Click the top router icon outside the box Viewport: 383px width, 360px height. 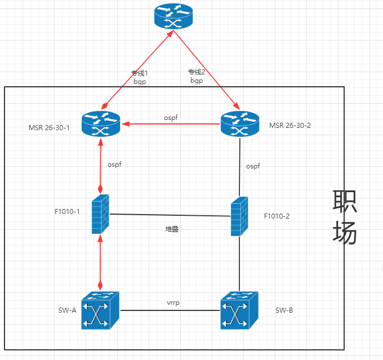coord(173,17)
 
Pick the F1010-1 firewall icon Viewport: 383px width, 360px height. coord(101,214)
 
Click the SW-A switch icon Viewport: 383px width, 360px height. coord(100,310)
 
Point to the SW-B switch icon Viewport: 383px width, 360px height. coord(239,310)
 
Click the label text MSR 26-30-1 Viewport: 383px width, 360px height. coord(49,127)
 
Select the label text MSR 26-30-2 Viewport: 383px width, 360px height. coord(290,125)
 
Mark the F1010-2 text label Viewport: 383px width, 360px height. coord(277,216)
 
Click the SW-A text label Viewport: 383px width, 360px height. coord(66,310)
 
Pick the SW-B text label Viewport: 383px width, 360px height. coord(284,310)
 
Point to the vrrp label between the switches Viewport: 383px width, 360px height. coord(173,303)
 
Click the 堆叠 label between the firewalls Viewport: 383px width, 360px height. coord(172,229)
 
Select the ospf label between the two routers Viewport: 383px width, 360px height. coord(171,117)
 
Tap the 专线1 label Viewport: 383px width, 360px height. coord(139,73)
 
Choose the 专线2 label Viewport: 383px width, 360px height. coord(197,72)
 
